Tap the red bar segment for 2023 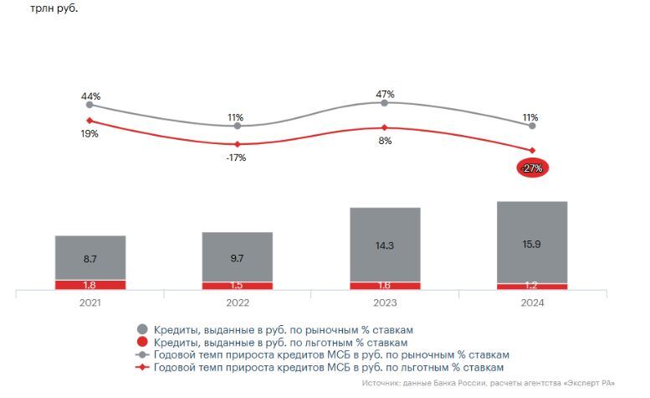[385, 286]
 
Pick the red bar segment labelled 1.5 [237, 286]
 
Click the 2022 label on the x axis [237, 303]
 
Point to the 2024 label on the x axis [532, 303]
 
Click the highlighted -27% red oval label [531, 168]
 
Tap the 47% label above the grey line [385, 92]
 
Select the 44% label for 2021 [90, 96]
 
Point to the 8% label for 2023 [385, 141]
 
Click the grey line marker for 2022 [238, 127]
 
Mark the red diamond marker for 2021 [90, 121]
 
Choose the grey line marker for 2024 [532, 126]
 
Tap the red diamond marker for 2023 [385, 127]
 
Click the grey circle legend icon [142, 329]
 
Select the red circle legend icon [142, 342]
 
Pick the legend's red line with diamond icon [142, 367]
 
